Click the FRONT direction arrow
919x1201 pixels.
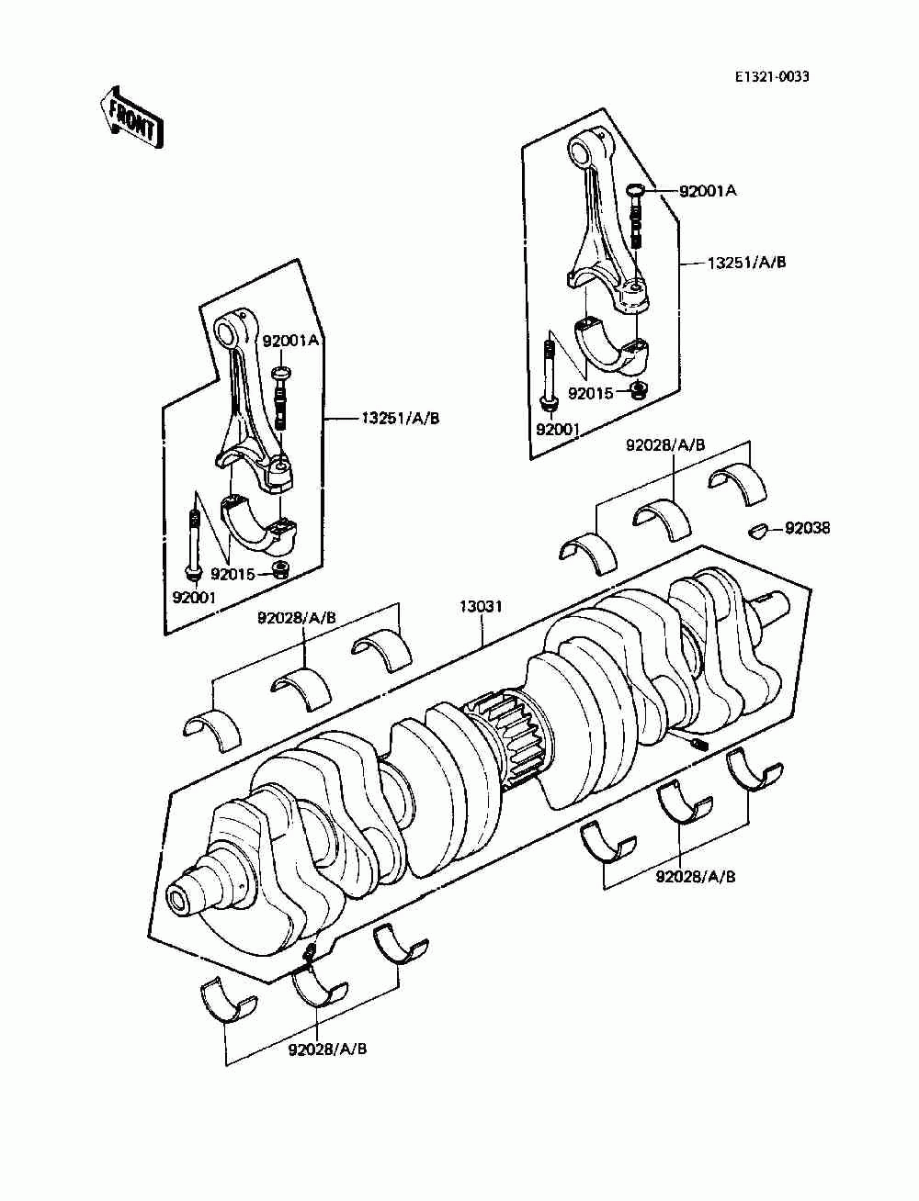[131, 117]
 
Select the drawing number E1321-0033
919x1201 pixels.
[771, 77]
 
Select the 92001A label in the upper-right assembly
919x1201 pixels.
[708, 191]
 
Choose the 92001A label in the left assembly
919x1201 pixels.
[290, 340]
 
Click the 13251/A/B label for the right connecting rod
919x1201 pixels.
[746, 262]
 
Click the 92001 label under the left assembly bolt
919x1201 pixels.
[194, 596]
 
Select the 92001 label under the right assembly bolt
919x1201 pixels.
[557, 429]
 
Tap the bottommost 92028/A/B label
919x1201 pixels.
[327, 1049]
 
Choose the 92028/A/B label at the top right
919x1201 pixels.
[665, 445]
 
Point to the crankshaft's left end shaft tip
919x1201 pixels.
[181, 896]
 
